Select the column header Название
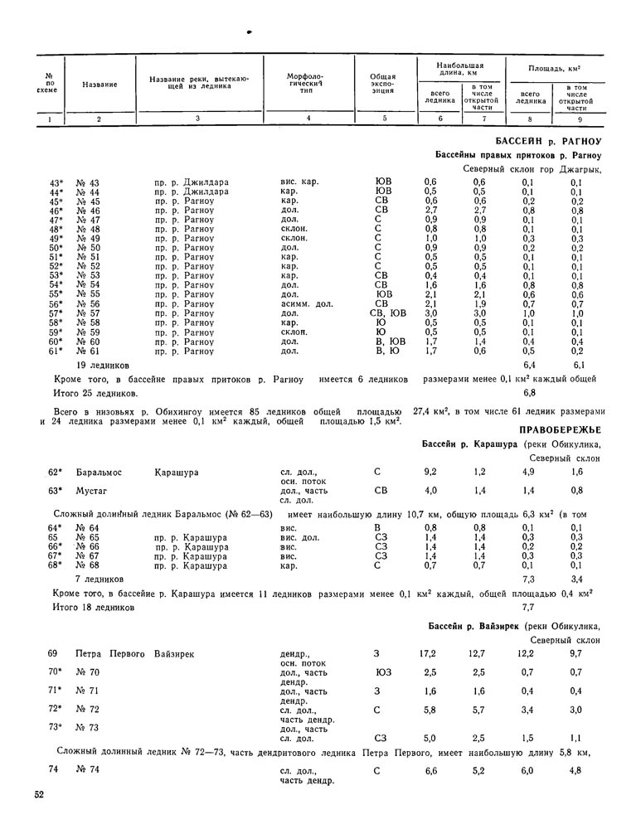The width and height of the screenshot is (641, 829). tap(100, 85)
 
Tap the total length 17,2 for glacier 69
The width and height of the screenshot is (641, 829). tap(428, 654)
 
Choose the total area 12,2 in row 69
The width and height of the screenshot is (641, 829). tap(526, 654)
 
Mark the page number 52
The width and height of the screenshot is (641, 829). tap(39, 795)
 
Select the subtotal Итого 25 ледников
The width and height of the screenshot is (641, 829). tap(90, 392)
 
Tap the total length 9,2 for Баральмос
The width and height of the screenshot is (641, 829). tap(430, 472)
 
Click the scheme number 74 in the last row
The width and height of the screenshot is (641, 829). tap(53, 770)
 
